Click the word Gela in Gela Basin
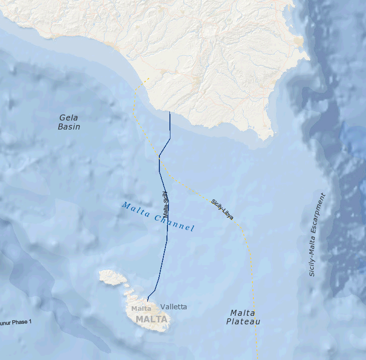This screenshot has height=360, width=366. [69, 117]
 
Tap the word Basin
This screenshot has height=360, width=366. [69, 127]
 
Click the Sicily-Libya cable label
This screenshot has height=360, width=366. [222, 209]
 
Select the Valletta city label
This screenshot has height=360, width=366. [173, 306]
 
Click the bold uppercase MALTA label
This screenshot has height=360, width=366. [151, 319]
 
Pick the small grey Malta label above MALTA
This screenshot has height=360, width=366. [141, 308]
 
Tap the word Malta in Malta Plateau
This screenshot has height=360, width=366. [243, 312]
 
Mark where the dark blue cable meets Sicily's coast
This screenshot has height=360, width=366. [170, 112]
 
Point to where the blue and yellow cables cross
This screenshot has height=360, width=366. [159, 156]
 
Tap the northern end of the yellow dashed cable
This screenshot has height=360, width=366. [149, 78]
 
